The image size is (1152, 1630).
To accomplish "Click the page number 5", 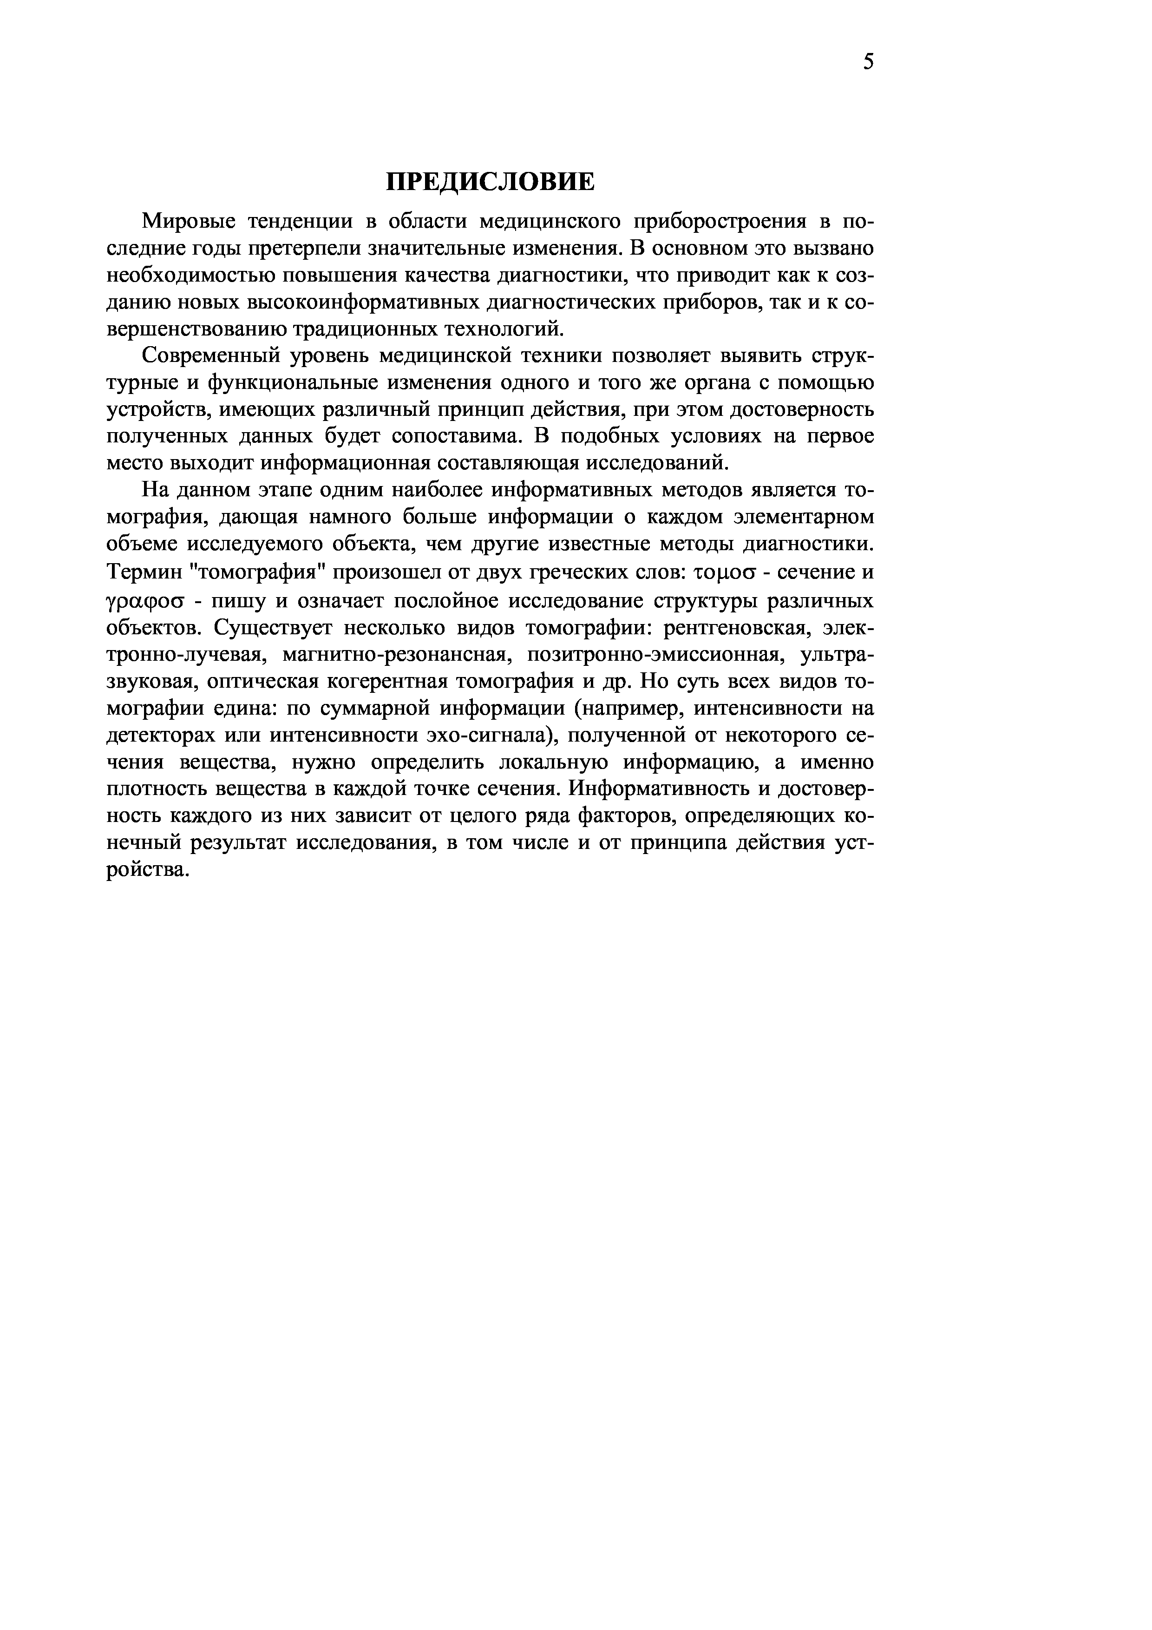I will (869, 62).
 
